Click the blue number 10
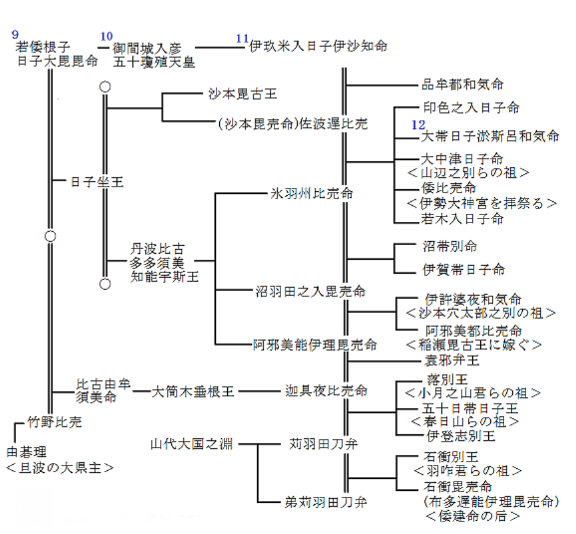click(x=106, y=36)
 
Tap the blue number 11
click(x=242, y=38)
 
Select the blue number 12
click(x=418, y=124)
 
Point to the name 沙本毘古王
click(x=240, y=95)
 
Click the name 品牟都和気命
click(x=462, y=84)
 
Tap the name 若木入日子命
click(x=462, y=218)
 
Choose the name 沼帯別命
click(x=450, y=246)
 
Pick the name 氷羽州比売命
click(x=311, y=194)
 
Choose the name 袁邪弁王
click(x=452, y=361)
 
